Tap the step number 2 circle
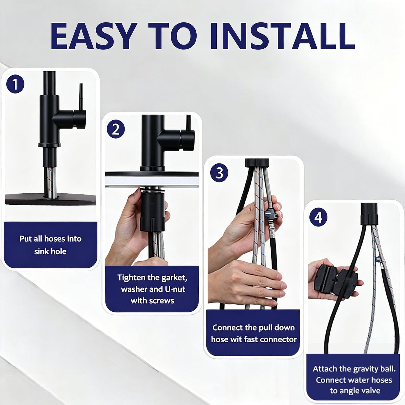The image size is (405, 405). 116,129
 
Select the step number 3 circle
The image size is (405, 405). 219,173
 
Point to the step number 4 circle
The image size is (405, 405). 318,217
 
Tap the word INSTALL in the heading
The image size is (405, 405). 282,36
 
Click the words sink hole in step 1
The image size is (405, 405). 50,251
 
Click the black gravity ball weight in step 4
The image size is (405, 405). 336,281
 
